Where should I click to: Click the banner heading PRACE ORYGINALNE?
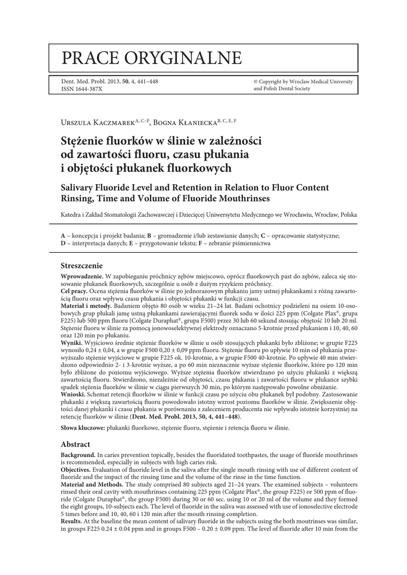click(x=152, y=57)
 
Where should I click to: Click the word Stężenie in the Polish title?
click(x=84, y=139)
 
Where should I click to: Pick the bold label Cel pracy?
click(x=75, y=292)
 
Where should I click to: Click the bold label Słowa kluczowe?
click(x=83, y=428)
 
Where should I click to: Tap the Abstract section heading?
click(x=76, y=444)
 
